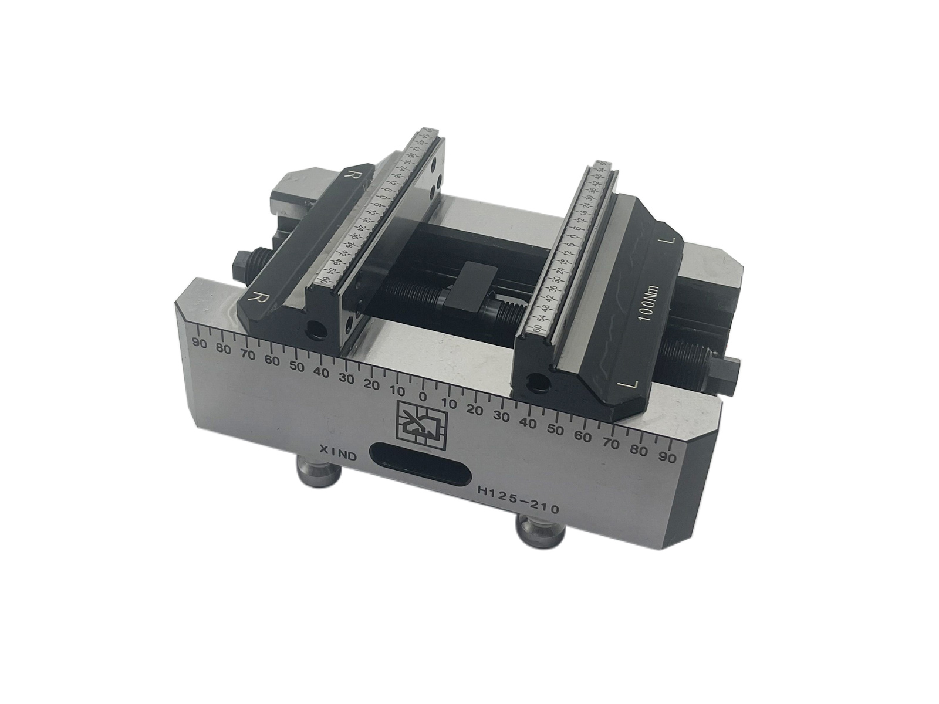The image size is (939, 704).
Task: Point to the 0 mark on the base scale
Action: [x=422, y=395]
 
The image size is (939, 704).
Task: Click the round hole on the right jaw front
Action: [x=533, y=381]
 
